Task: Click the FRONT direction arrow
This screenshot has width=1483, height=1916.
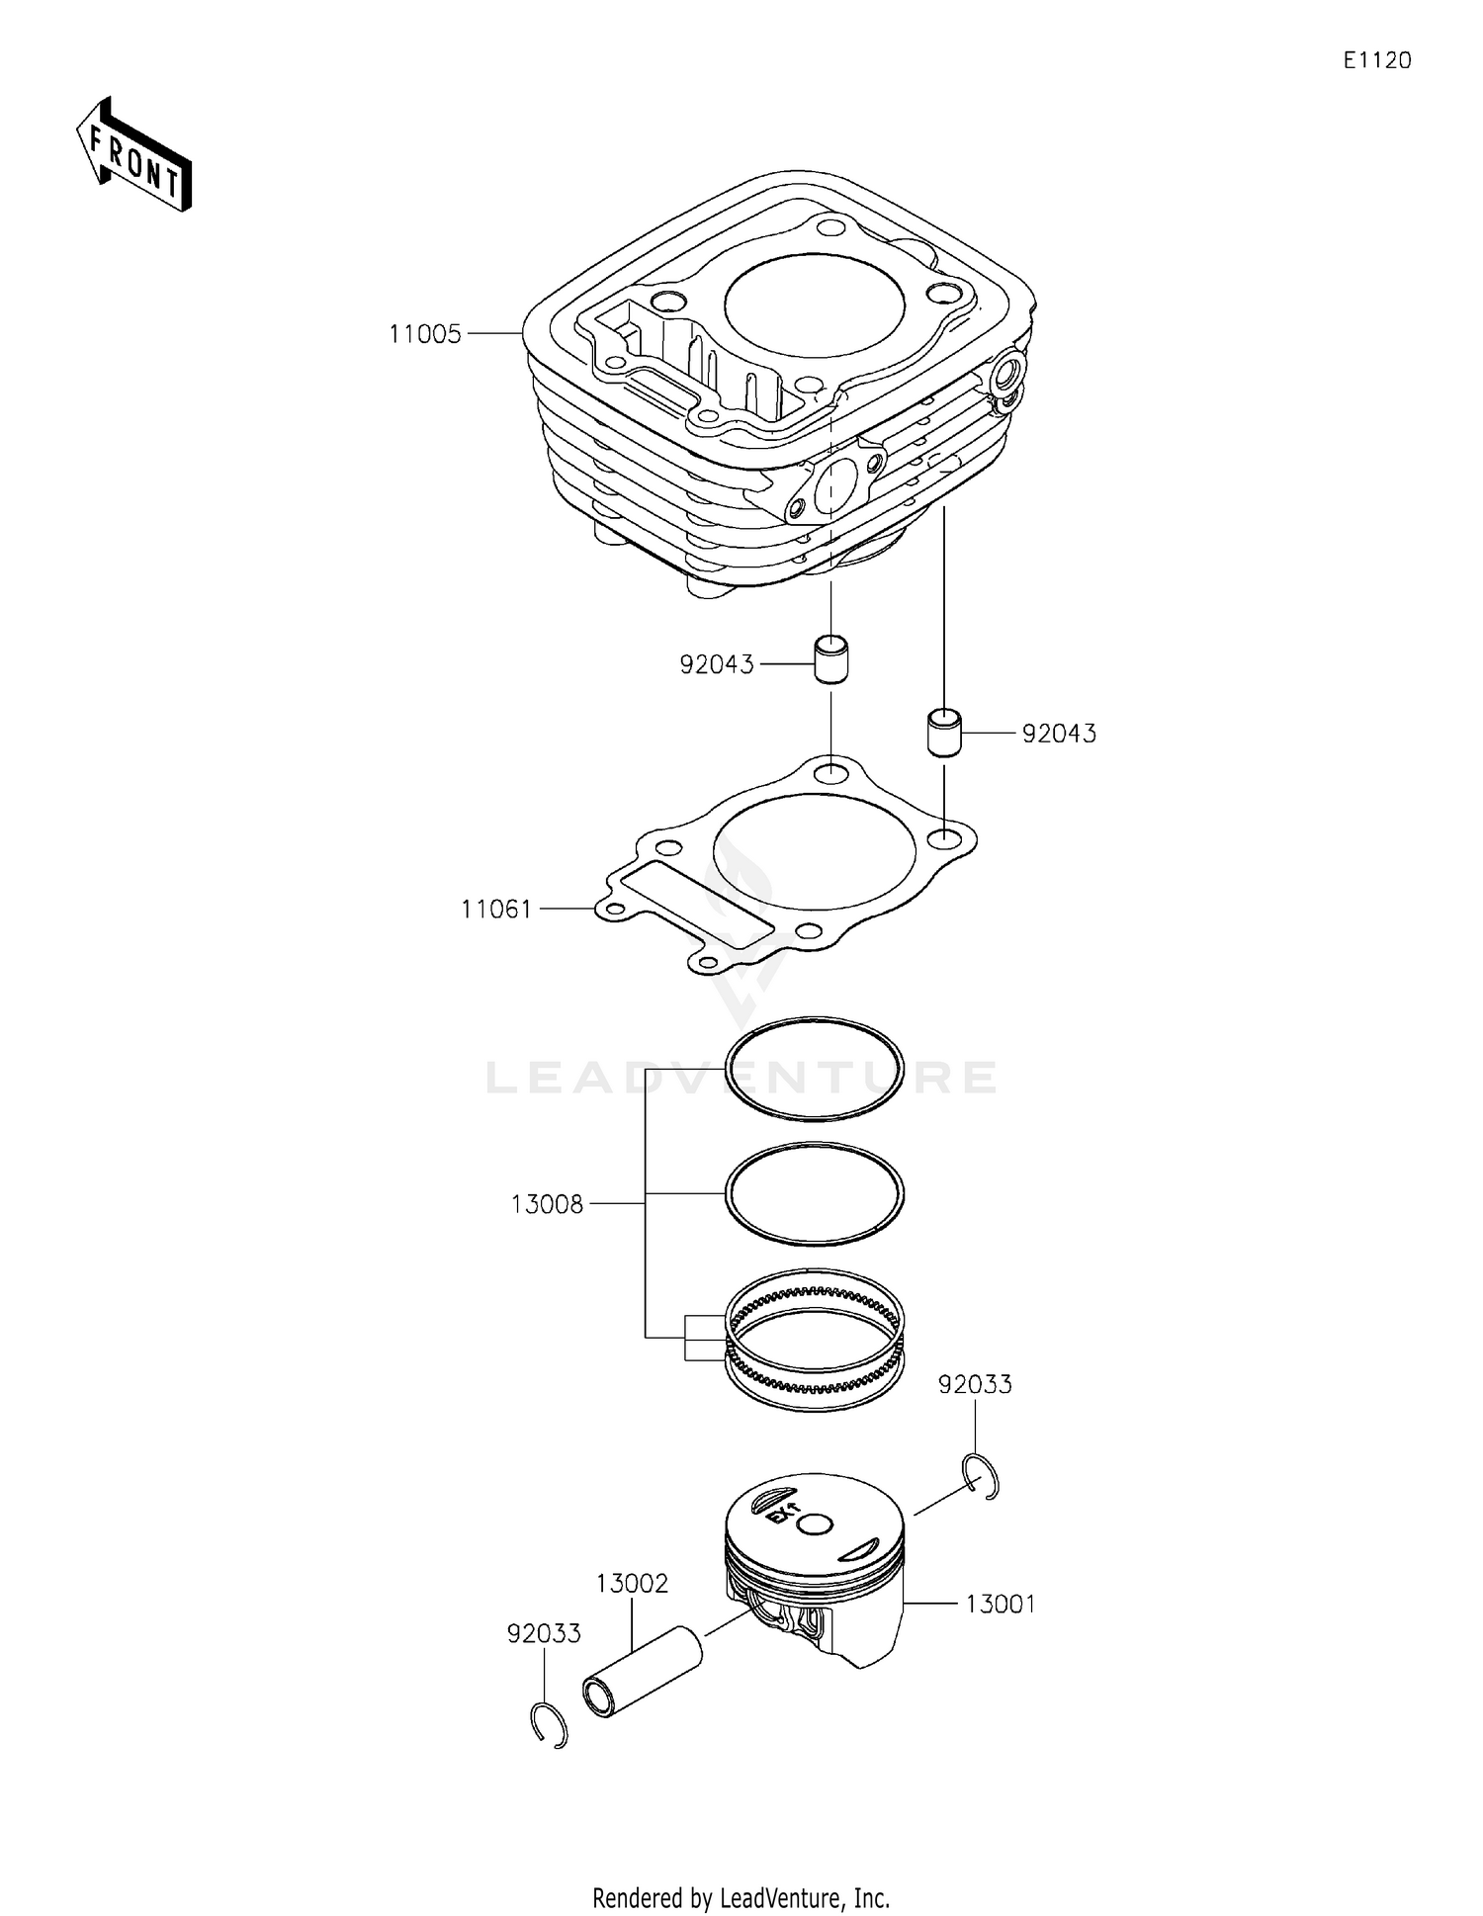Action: point(133,155)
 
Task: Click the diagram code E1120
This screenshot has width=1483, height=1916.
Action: point(1376,60)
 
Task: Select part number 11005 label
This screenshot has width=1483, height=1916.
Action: point(424,334)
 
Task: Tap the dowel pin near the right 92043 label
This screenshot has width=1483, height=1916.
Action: point(944,732)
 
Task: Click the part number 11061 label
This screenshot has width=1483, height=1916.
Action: point(496,909)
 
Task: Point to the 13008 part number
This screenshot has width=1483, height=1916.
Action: point(547,1204)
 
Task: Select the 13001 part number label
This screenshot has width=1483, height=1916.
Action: point(1001,1604)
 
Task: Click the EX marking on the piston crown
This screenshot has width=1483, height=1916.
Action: point(784,1514)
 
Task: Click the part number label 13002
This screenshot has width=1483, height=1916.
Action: point(632,1583)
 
